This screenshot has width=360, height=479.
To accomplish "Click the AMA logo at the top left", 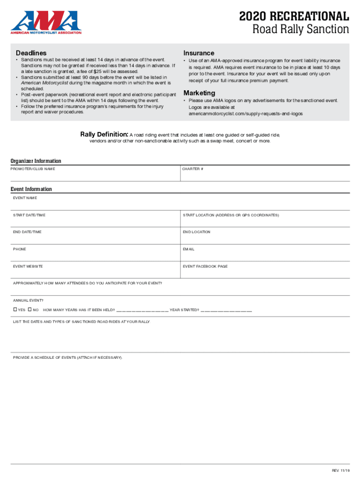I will (46, 22).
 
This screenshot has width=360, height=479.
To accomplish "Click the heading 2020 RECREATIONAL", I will (294, 17).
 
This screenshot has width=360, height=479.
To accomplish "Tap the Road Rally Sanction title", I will (301, 30).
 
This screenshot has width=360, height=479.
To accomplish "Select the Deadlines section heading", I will (31, 53).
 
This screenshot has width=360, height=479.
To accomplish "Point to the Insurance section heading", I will (199, 53).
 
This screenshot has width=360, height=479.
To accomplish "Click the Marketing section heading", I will (199, 93).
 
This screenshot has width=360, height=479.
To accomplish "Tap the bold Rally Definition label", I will (104, 135).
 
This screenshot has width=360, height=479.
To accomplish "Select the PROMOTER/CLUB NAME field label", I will (34, 169).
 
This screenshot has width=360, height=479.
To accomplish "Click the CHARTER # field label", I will (193, 169).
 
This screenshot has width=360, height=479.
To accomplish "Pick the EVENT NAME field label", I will (25, 198).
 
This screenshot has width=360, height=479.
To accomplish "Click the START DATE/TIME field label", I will (29, 215).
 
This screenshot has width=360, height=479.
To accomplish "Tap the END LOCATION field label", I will (196, 232).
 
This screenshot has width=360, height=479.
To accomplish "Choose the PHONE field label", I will (20, 249).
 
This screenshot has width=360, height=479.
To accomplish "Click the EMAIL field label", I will (188, 249).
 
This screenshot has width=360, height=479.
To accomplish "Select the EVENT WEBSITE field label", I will (28, 266).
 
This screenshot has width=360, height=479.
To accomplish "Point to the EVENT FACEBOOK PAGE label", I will (205, 266).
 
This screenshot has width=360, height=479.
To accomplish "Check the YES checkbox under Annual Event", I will (15, 310).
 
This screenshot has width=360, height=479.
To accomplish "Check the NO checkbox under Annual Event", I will (29, 310).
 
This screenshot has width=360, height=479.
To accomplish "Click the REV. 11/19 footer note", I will (341, 470).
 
